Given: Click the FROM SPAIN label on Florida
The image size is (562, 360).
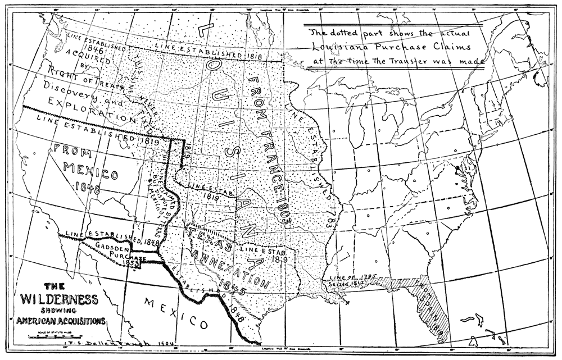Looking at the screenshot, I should [x=433, y=309].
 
